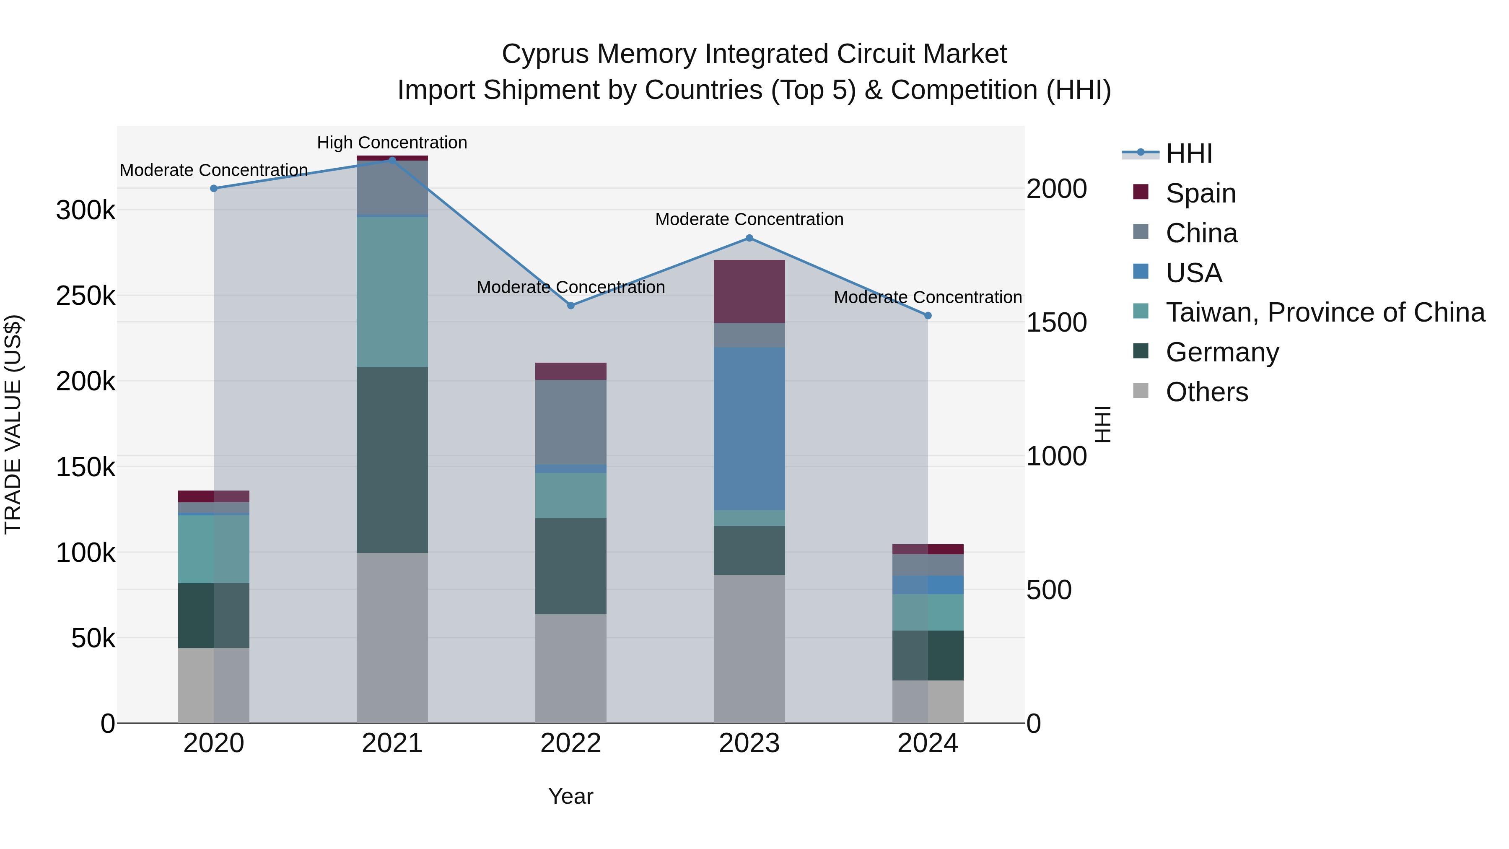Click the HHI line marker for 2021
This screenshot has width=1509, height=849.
[x=392, y=160]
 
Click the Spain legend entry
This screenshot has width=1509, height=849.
[x=1200, y=193]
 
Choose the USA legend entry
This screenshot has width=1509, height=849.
[x=1193, y=273]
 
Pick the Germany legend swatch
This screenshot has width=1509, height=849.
[x=1140, y=352]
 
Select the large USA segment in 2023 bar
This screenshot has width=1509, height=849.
[x=749, y=428]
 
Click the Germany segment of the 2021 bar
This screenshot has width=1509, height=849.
[x=392, y=460]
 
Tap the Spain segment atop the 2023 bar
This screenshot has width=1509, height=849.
[x=749, y=291]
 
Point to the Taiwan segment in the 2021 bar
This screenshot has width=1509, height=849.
[x=392, y=292]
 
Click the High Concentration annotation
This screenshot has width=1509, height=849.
[x=392, y=143]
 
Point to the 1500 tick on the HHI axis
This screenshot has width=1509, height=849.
[x=1056, y=322]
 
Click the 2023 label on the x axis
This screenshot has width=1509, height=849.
[x=749, y=743]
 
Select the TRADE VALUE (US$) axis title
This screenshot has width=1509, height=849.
[x=13, y=424]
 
